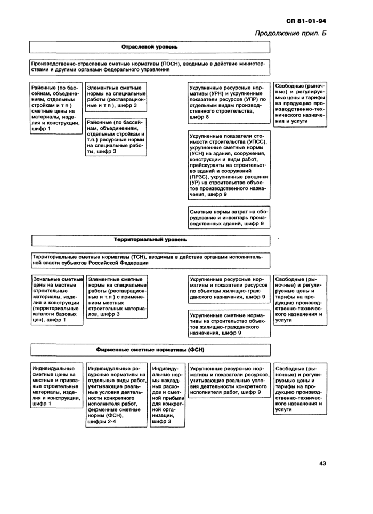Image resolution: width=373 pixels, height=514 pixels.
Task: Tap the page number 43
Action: point(323,463)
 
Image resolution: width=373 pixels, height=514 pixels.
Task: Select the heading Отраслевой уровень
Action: point(150,48)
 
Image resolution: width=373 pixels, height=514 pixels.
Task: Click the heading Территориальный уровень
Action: point(150,240)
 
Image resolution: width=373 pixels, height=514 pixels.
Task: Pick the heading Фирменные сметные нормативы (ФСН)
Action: point(151,350)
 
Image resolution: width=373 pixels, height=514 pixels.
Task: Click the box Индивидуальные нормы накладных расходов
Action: point(167,395)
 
